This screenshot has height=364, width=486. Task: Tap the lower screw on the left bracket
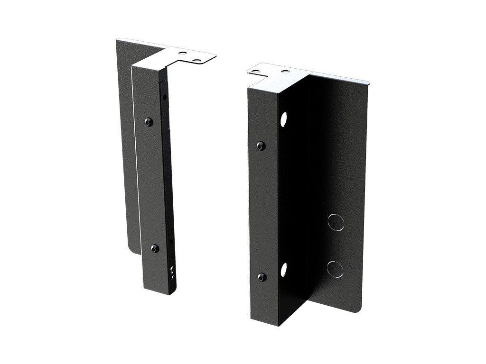pyautogui.click(x=155, y=247)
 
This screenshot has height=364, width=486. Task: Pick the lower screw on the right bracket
pyautogui.click(x=261, y=276)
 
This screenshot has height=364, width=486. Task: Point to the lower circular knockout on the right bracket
pyautogui.click(x=335, y=268)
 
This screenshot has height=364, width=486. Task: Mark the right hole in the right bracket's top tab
pyautogui.click(x=285, y=72)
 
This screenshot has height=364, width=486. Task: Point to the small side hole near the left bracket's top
pyautogui.click(x=165, y=97)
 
